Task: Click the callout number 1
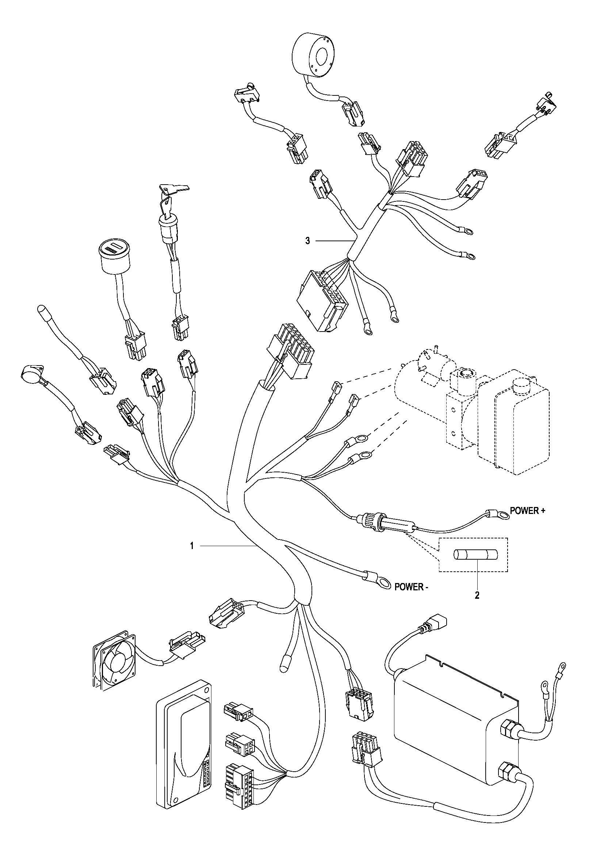(x=192, y=546)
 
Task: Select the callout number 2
(x=477, y=595)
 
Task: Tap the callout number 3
(x=307, y=241)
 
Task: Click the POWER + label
(x=527, y=511)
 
